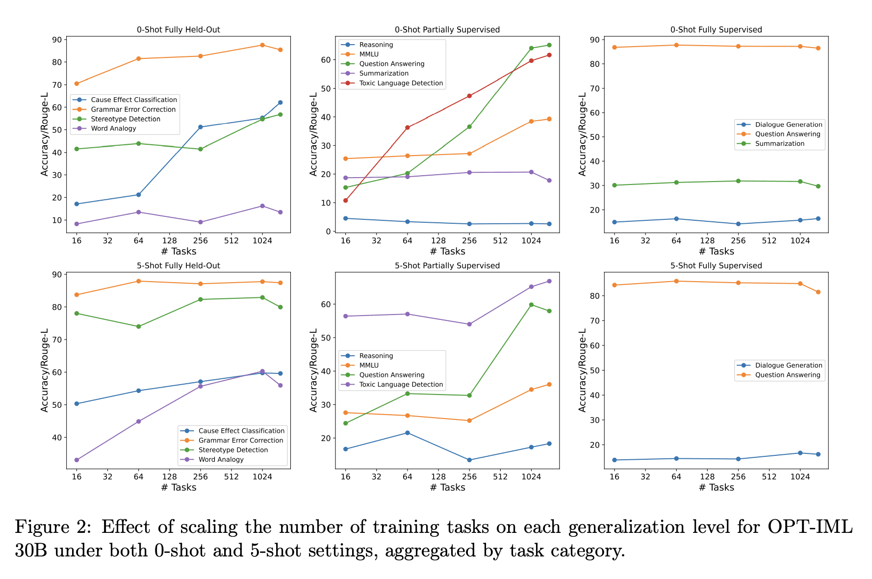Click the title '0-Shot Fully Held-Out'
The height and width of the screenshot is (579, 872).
[179, 29]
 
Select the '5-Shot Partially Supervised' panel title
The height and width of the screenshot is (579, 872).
[447, 265]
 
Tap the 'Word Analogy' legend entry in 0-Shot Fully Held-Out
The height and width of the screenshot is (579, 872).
[113, 129]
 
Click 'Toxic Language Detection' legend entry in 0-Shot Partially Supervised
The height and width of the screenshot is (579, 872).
[401, 83]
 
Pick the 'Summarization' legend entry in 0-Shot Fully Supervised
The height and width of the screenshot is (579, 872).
[779, 144]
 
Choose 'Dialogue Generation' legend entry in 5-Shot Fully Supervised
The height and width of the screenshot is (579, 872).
[788, 365]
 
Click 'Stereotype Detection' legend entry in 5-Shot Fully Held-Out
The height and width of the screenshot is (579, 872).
[233, 450]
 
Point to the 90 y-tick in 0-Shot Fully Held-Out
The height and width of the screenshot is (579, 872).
[57, 40]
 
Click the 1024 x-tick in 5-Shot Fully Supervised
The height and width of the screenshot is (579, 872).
[800, 476]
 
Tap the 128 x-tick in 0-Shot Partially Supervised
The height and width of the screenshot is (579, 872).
[438, 240]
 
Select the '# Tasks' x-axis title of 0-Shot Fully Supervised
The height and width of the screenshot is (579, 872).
[716, 251]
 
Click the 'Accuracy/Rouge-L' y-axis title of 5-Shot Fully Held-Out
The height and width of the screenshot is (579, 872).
[45, 370]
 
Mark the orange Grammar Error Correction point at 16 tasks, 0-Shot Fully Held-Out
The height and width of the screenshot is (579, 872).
[77, 83]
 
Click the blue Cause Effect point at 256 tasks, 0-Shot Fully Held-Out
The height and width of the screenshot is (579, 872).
[200, 127]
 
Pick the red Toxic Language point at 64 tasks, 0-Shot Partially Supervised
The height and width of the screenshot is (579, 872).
[407, 128]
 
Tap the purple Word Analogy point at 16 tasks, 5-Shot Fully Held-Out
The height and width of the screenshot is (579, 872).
[77, 460]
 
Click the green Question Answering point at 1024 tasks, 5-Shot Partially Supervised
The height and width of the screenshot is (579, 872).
[531, 305]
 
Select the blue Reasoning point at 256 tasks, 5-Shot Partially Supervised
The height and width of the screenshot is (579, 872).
[469, 460]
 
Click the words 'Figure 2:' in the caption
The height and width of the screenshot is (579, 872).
[53, 527]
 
